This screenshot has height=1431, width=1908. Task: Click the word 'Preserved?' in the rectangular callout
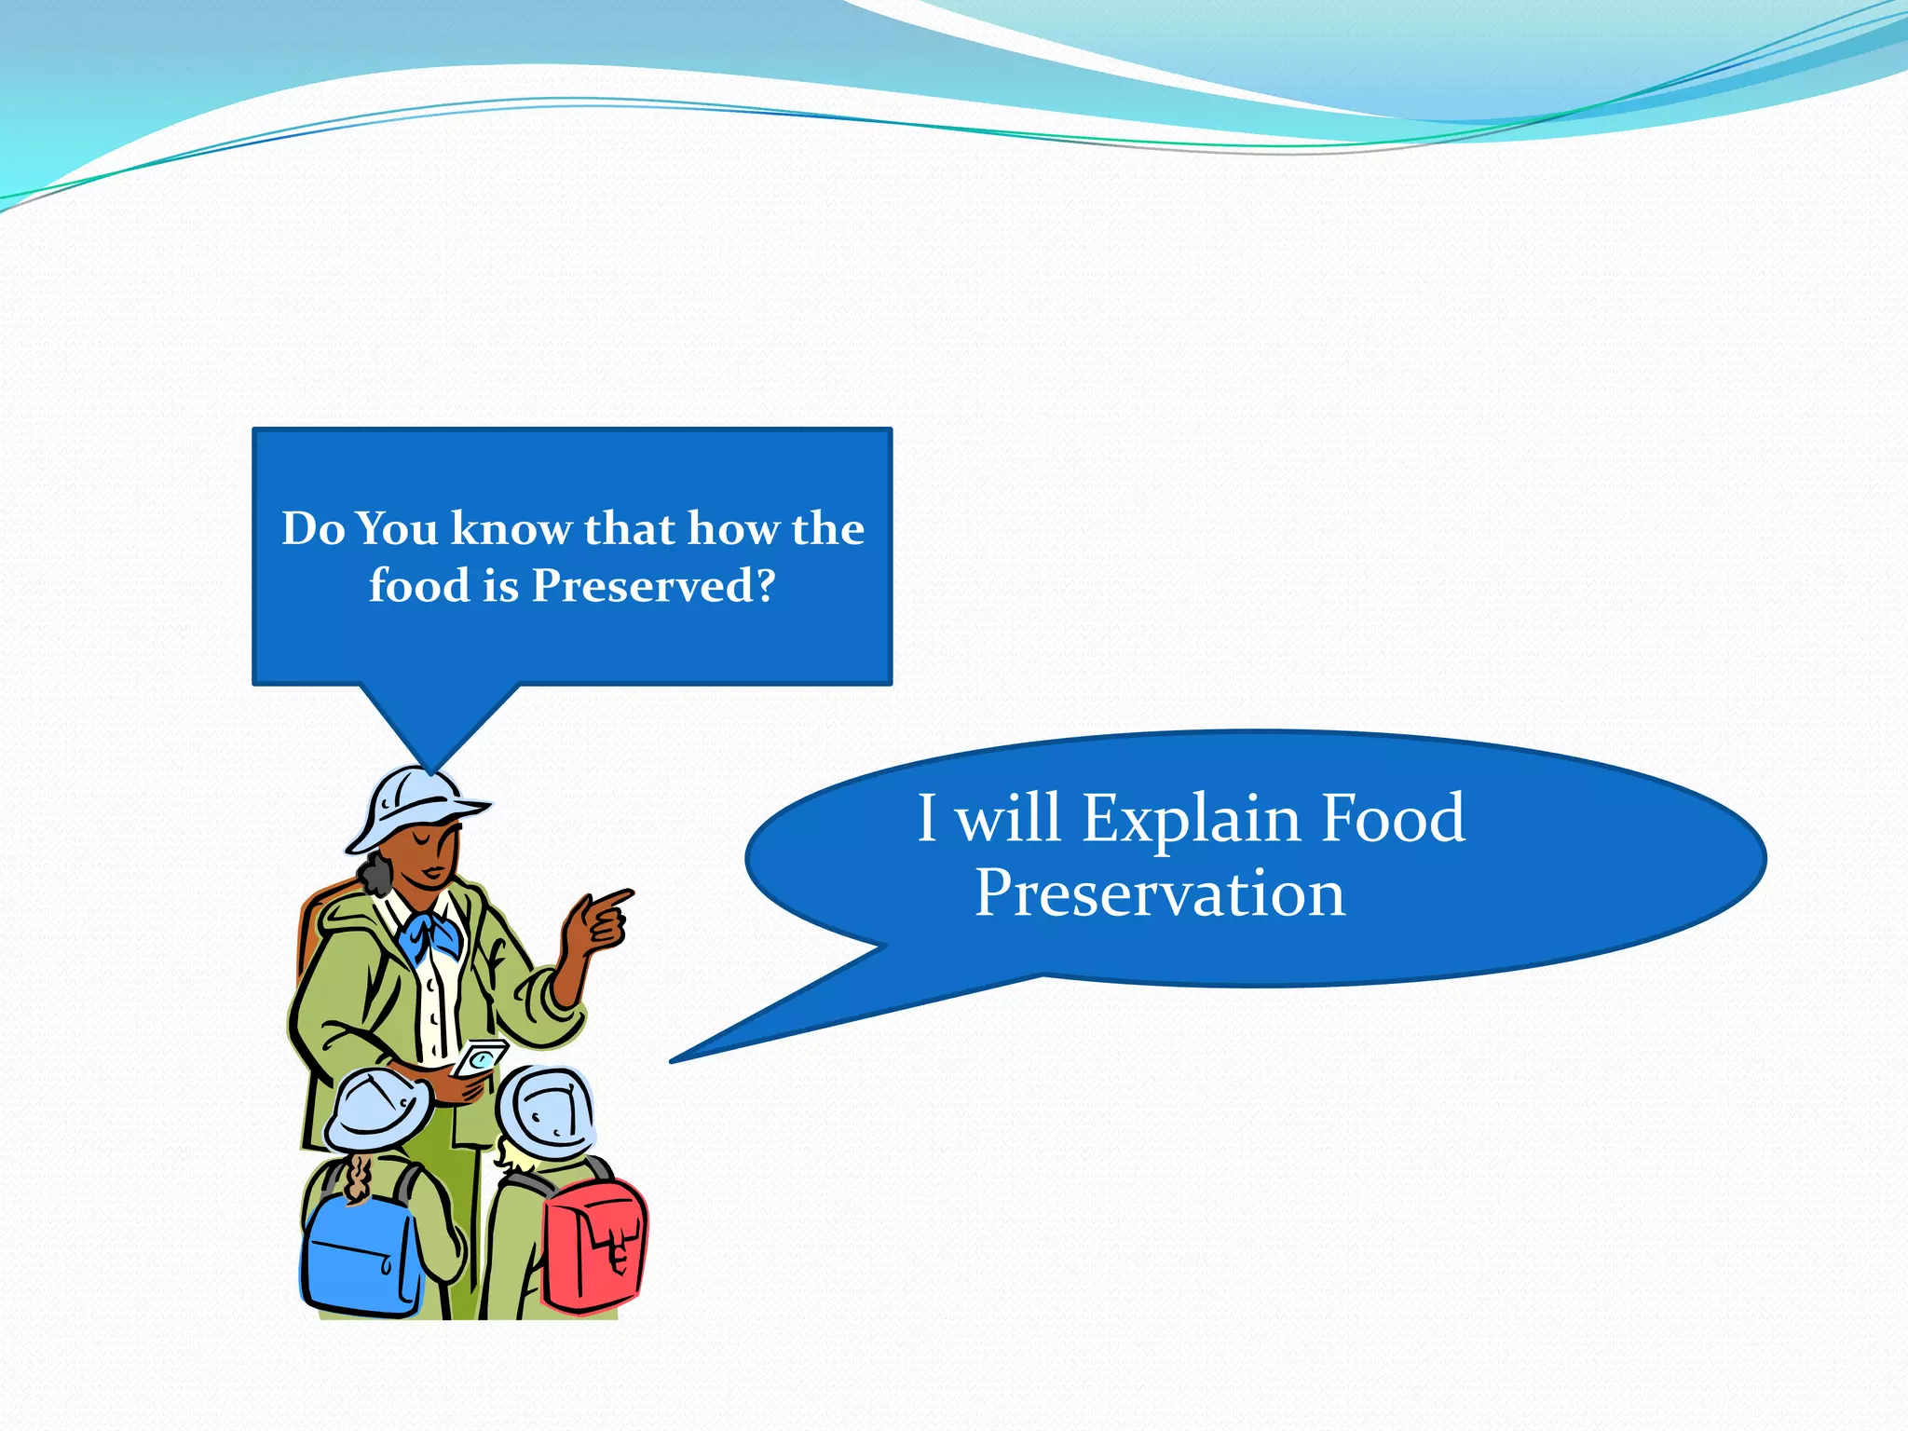click(653, 586)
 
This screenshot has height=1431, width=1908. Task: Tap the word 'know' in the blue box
click(511, 528)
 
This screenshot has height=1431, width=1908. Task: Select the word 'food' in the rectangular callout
click(418, 586)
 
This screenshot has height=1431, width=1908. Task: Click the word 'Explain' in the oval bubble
click(1191, 819)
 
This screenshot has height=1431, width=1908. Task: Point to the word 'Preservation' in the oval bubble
click(1160, 893)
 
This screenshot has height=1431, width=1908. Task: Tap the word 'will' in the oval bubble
click(1009, 819)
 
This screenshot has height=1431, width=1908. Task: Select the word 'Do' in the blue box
click(313, 528)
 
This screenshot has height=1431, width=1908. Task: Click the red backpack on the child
click(593, 1243)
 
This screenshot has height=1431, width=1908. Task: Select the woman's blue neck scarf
click(430, 936)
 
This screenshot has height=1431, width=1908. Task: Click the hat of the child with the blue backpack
click(377, 1111)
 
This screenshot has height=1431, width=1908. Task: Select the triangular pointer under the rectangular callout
click(435, 722)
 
